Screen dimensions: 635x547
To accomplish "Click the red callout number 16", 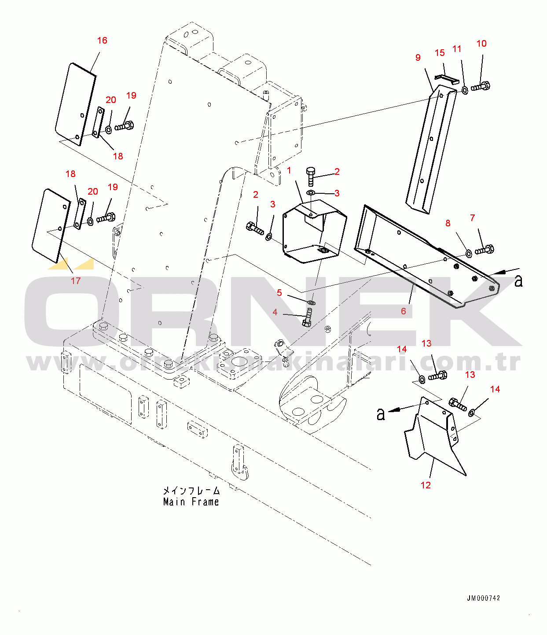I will tap(102, 41).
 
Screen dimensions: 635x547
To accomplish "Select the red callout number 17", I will tap(76, 281).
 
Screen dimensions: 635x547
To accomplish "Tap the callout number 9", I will tap(418, 58).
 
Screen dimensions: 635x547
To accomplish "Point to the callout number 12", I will tap(426, 485).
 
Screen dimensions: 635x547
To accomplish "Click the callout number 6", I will tap(403, 311).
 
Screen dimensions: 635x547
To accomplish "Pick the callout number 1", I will tap(289, 170).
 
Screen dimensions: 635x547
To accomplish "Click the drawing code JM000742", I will tap(483, 598).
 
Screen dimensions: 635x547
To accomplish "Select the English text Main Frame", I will tap(191, 502).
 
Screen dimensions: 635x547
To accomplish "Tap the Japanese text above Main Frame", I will tap(191, 491).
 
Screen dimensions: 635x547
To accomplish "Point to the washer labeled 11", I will tap(465, 90).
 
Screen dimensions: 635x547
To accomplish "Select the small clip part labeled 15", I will tap(447, 78).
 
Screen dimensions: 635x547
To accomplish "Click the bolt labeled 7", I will tap(485, 250).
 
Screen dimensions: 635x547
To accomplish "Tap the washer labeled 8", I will tap(469, 254).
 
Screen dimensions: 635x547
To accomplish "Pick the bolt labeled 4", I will tap(307, 317).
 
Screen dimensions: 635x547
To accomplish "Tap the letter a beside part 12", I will tap(381, 414).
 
